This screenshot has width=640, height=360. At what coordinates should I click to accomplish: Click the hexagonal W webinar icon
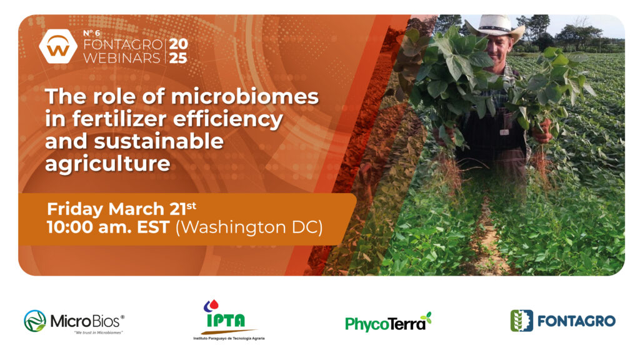point(58,46)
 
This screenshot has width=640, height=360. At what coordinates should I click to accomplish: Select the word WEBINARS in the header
point(122,58)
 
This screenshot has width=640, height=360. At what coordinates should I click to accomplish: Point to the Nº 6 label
point(91,33)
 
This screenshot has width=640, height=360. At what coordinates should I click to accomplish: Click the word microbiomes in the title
point(245,97)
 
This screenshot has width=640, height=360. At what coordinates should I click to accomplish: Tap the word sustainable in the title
point(159,141)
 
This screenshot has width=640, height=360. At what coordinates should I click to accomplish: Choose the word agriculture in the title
point(107,164)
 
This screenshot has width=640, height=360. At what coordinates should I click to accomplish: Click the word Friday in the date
point(75,209)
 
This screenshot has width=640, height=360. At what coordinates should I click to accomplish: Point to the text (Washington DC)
point(249,227)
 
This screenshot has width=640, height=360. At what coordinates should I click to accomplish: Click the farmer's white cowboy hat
point(495,27)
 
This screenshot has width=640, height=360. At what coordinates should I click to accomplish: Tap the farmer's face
point(498,48)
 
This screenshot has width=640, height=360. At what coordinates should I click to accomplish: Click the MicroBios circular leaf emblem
point(35,321)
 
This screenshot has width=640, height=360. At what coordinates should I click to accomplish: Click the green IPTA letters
point(226,321)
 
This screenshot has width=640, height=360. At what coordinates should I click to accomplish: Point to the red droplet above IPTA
point(214,305)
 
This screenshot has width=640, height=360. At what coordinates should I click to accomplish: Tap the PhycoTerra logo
point(388,322)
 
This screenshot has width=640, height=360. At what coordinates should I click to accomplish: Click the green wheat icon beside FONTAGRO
point(522,321)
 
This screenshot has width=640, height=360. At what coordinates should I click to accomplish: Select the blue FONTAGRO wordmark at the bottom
point(576,321)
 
